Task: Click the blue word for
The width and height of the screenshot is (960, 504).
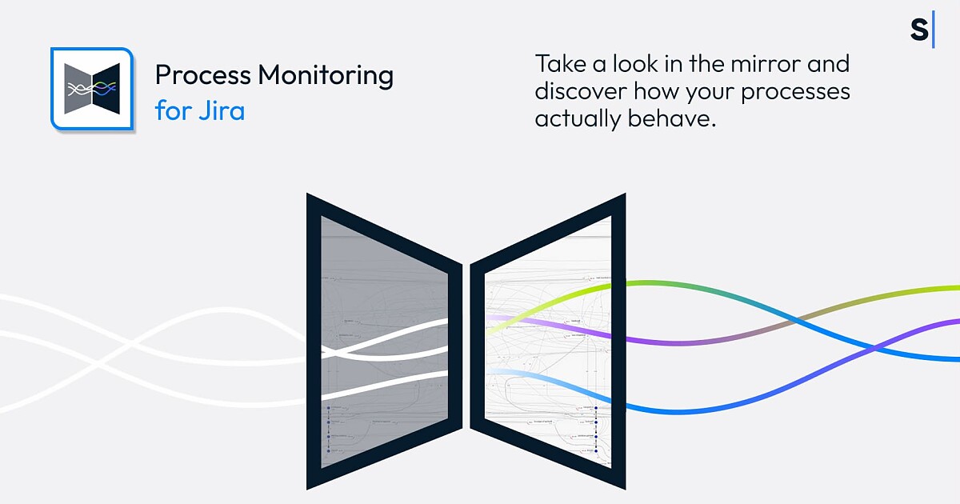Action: [x=171, y=110]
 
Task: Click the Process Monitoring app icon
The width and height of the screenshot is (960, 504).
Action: [x=91, y=88]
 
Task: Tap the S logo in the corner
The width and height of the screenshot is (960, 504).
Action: [x=919, y=30]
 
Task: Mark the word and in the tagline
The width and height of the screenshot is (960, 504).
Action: [x=830, y=63]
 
